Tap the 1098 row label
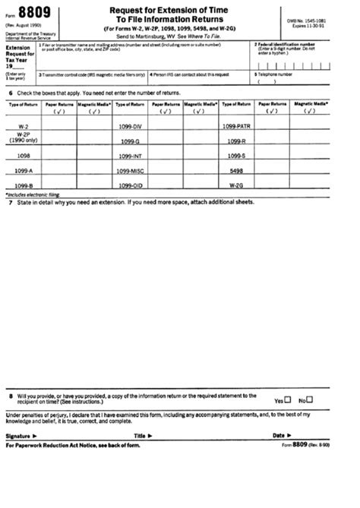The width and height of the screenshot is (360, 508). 24,154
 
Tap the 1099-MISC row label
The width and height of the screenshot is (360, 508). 131,172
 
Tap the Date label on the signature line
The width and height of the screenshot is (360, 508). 279,436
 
